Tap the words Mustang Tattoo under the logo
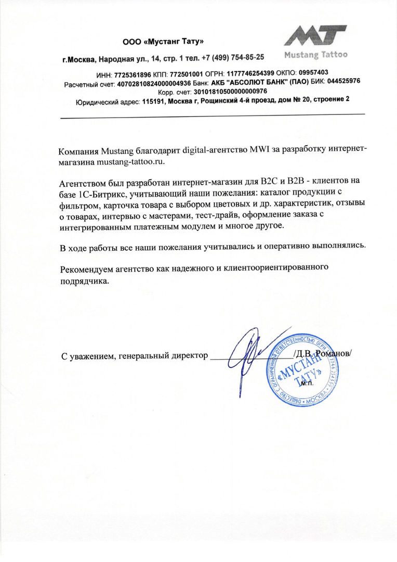pyautogui.click(x=316, y=54)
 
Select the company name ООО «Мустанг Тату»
pyautogui.click(x=163, y=41)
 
